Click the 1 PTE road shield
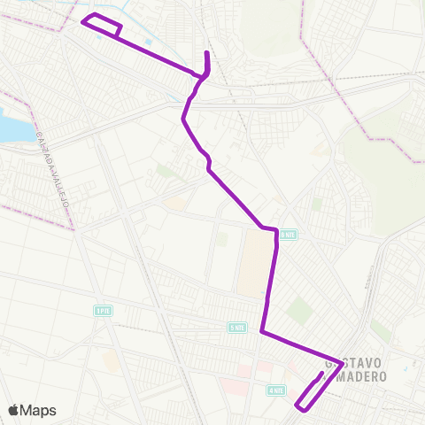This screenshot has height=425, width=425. tap(104, 310)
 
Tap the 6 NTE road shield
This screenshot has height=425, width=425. tap(287, 235)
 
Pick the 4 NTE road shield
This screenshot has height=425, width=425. tap(275, 389)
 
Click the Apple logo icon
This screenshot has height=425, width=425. tap(13, 410)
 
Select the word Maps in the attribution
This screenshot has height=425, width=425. tap(38, 410)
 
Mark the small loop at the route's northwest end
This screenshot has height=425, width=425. tap(102, 26)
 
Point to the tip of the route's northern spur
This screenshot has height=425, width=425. tap(206, 54)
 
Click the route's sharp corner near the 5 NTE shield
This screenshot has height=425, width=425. tap(262, 332)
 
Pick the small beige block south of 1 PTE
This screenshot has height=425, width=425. tap(111, 359)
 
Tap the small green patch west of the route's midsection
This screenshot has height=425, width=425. tap(165, 170)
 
